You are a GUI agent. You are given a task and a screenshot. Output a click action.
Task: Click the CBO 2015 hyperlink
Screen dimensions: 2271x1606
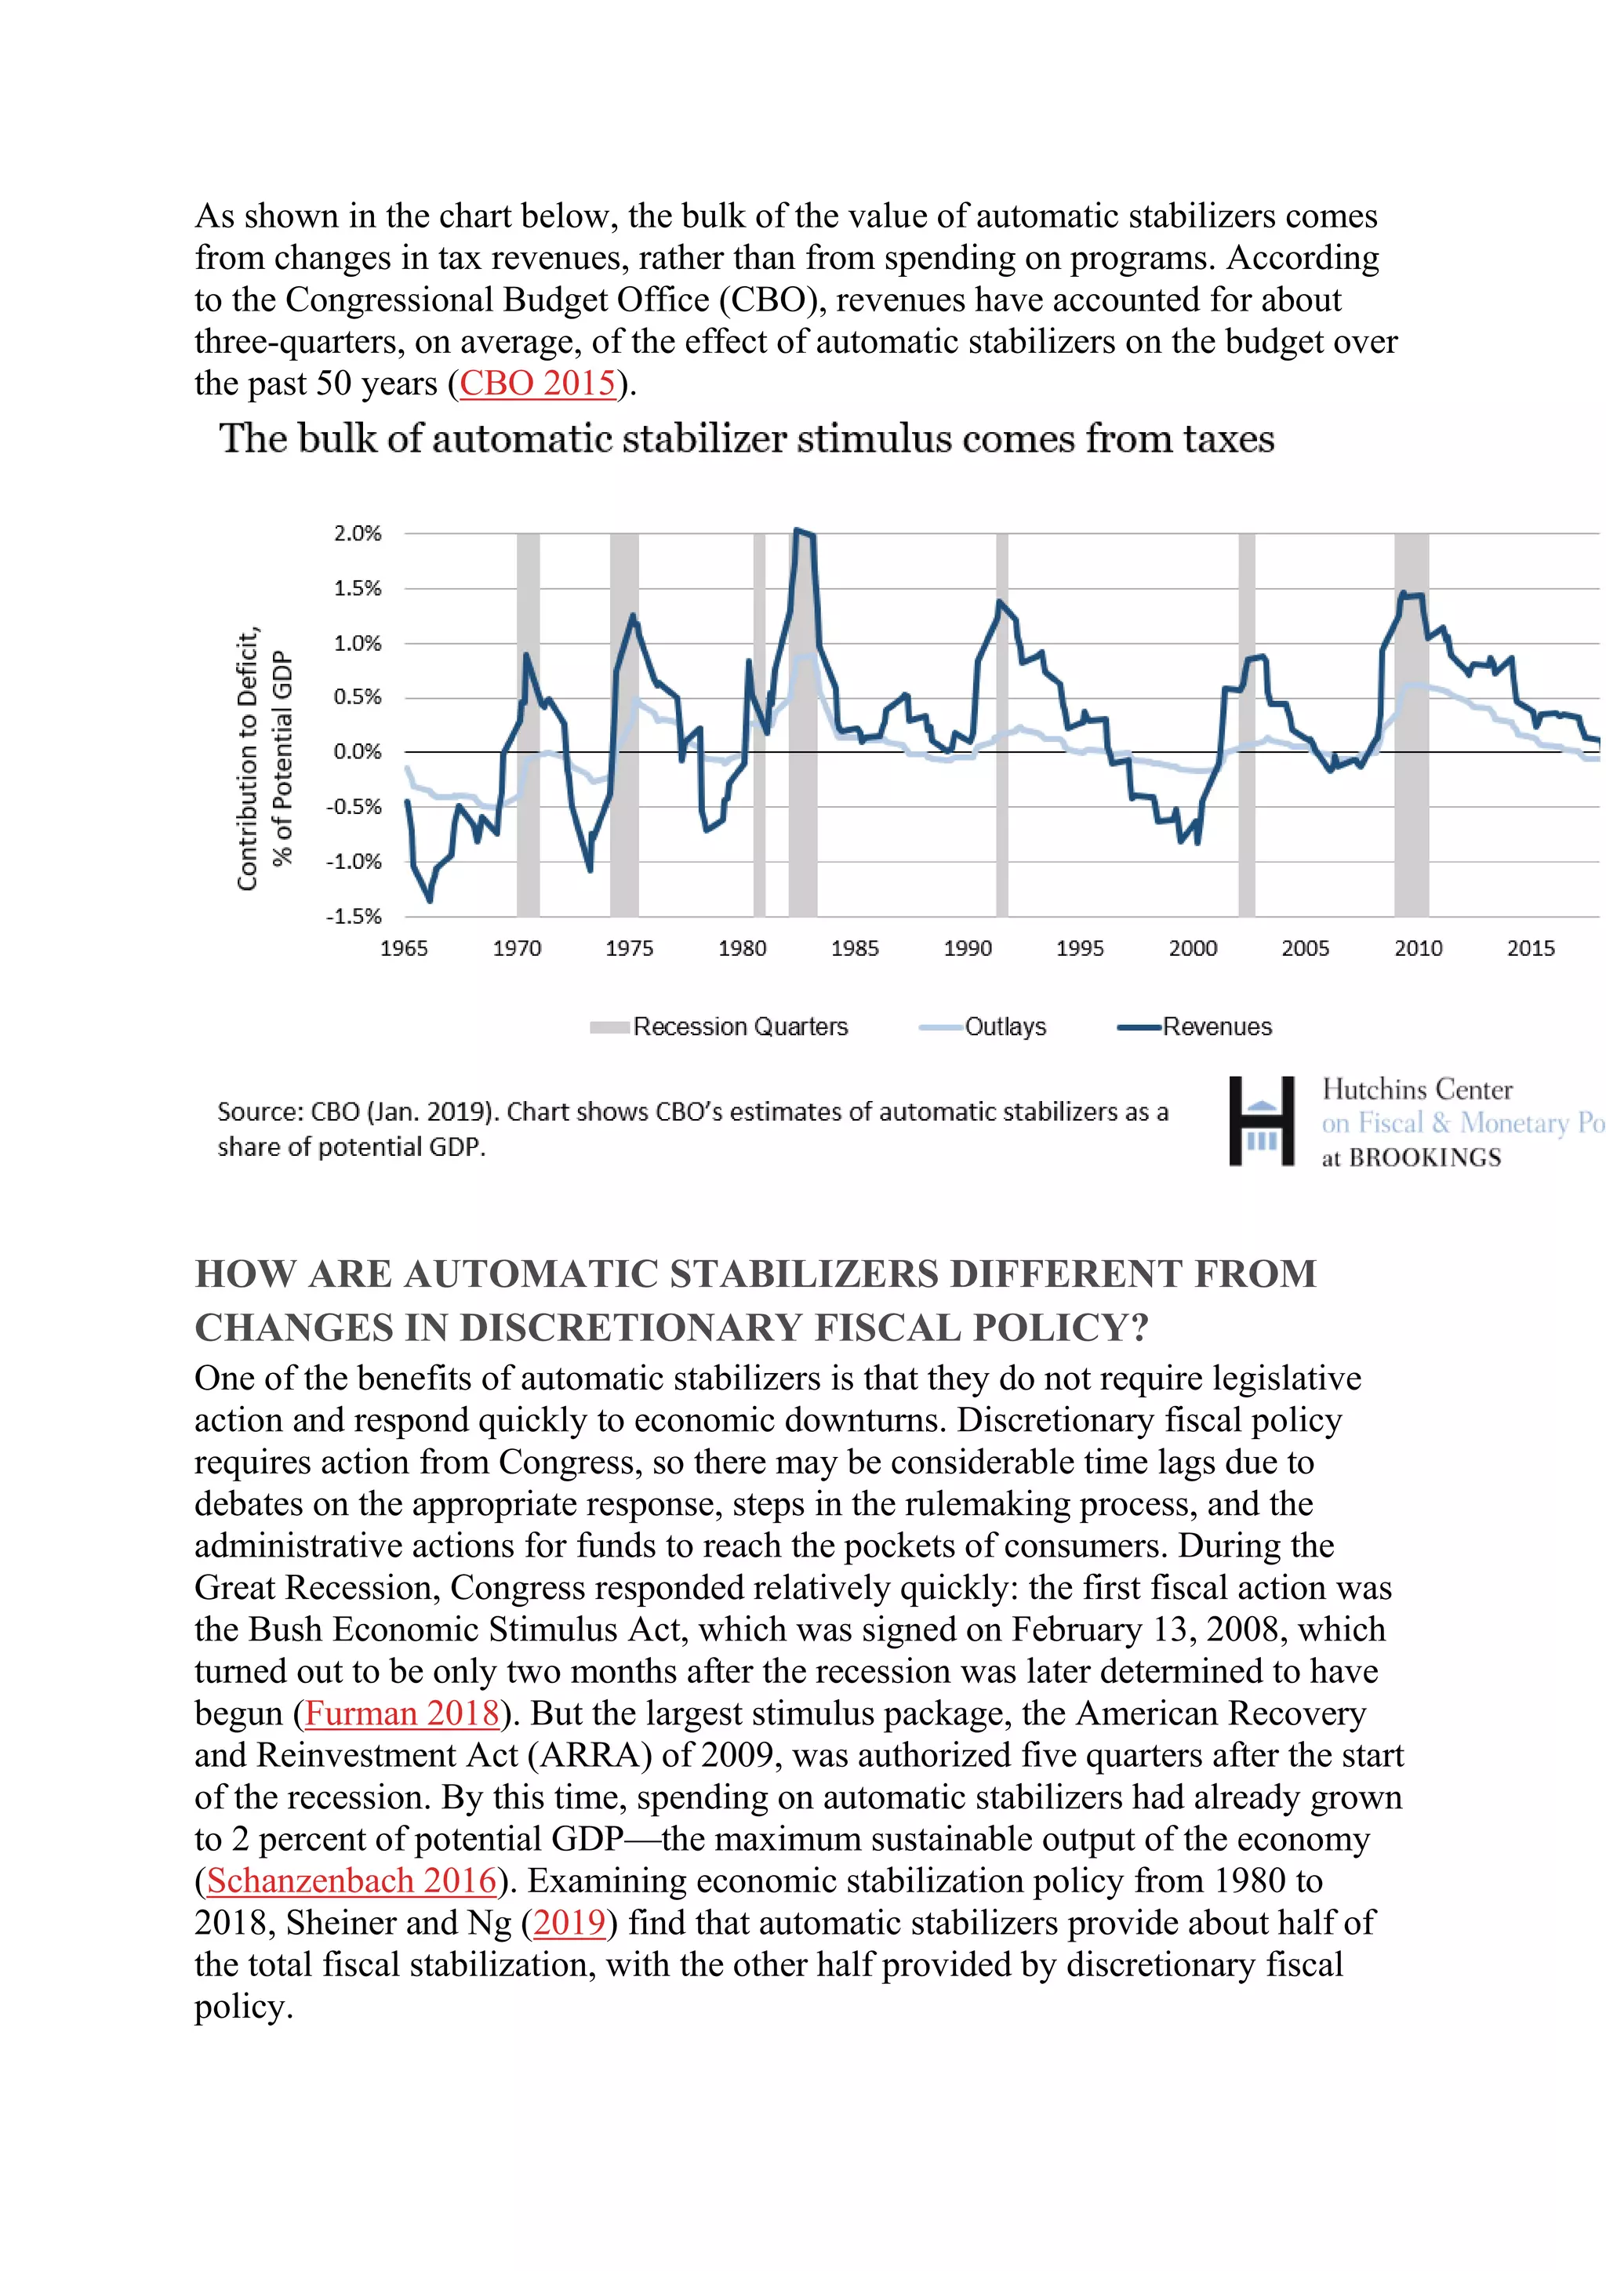[x=538, y=383]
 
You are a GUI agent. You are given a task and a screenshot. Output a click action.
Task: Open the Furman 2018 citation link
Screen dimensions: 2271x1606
[x=401, y=1713]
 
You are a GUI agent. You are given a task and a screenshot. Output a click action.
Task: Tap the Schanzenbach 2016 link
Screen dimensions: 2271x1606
[x=351, y=1880]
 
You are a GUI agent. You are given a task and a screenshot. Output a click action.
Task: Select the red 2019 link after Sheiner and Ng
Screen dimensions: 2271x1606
[x=569, y=1922]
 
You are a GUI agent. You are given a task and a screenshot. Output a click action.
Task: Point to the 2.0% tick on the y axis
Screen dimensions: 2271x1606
[x=357, y=534]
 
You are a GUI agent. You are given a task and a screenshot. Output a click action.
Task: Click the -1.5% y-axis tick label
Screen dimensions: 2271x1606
[x=354, y=916]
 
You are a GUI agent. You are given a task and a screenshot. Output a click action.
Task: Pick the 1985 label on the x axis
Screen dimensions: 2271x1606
[x=855, y=949]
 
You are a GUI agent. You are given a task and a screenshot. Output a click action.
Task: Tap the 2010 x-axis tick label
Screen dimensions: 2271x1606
[x=1417, y=949]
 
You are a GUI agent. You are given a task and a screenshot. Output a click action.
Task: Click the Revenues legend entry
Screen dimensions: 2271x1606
[x=1215, y=1026]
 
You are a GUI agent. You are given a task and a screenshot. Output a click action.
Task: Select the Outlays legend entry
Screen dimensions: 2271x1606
[x=1004, y=1026]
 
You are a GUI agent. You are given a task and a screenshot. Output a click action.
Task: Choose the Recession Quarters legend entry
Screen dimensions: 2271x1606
[x=739, y=1026]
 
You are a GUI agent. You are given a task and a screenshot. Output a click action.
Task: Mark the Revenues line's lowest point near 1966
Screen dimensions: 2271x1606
[x=429, y=899]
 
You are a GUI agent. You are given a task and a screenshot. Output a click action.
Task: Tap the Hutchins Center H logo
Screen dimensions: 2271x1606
[x=1261, y=1121]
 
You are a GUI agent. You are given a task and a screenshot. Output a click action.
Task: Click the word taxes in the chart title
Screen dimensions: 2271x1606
[x=1224, y=438]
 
